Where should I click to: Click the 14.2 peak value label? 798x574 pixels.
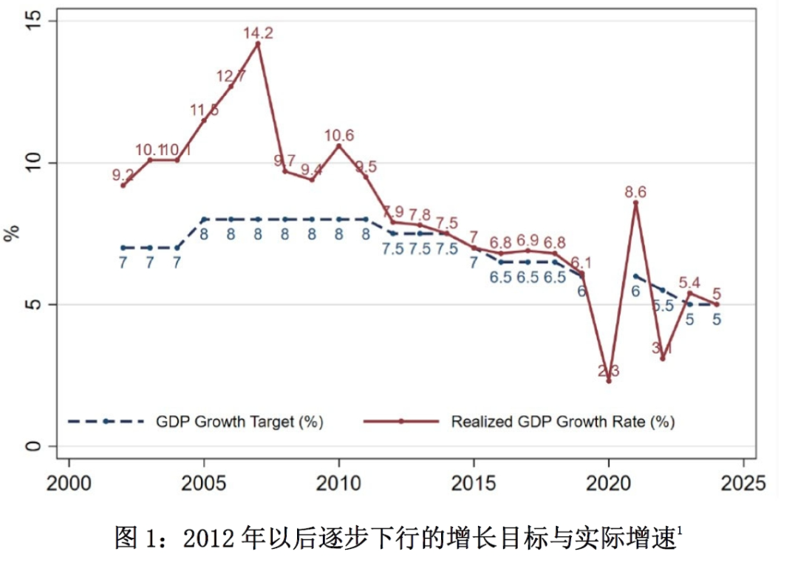(x=258, y=33)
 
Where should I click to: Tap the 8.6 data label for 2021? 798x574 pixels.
(x=635, y=192)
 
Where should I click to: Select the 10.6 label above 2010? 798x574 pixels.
(x=339, y=136)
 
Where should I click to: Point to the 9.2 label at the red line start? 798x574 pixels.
(x=123, y=175)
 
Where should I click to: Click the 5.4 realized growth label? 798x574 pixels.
(x=689, y=282)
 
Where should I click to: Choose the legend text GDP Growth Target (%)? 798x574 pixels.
(x=239, y=422)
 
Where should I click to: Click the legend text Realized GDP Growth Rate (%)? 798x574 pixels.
(x=563, y=422)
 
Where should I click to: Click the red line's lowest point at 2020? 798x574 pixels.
(x=609, y=381)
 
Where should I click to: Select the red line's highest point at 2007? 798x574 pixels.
(x=258, y=44)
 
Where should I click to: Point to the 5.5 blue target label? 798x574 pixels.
(x=663, y=305)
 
